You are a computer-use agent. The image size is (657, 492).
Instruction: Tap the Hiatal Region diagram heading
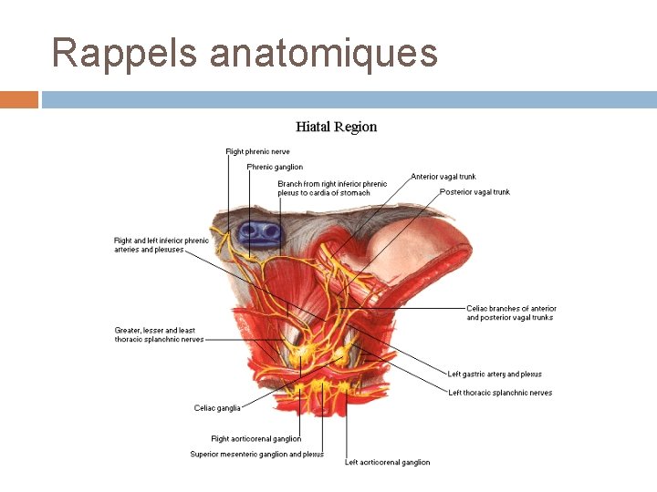click(x=336, y=127)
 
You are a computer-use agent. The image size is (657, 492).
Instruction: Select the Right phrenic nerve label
click(x=257, y=151)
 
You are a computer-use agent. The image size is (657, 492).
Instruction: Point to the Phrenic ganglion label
click(x=275, y=167)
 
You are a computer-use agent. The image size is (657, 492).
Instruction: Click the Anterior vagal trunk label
click(x=443, y=177)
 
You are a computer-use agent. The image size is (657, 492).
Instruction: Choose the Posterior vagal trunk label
click(x=474, y=192)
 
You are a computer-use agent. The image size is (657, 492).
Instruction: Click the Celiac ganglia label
click(x=217, y=408)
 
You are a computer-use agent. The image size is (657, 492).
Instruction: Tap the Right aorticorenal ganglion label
click(x=256, y=439)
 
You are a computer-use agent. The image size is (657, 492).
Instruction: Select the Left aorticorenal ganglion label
click(x=387, y=462)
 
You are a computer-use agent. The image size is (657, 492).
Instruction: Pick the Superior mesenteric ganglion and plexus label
click(x=256, y=454)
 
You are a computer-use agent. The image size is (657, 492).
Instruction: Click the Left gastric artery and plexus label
click(x=495, y=374)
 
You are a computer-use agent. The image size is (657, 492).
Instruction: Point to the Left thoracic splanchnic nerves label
click(x=500, y=393)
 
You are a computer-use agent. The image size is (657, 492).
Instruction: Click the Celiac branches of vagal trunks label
click(x=511, y=313)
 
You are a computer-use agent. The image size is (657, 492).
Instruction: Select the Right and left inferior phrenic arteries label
click(x=162, y=245)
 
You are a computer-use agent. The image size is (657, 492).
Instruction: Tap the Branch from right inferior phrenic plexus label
click(x=332, y=189)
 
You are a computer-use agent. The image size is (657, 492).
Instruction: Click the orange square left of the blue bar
click(x=18, y=99)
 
